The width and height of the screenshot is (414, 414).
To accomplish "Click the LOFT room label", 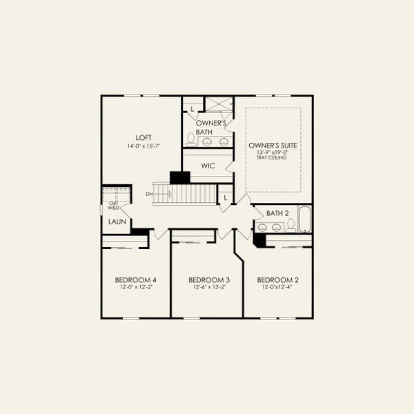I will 144,137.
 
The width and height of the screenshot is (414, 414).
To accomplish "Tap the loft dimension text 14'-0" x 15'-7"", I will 144,146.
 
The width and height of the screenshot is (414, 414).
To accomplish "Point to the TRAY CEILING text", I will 273,158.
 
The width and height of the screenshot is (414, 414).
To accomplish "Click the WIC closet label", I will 208,166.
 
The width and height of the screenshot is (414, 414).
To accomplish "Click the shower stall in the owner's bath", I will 219,104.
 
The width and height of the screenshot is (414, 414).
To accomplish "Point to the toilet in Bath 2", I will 290,225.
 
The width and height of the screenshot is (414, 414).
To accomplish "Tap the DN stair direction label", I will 149,194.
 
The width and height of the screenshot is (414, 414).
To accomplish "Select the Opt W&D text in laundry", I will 113,205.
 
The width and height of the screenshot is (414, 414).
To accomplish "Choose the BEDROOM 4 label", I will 135,279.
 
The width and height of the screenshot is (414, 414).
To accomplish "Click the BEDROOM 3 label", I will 208,279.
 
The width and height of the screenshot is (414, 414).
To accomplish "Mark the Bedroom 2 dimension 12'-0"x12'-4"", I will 277,288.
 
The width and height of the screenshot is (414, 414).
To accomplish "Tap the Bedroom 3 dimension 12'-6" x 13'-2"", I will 208,288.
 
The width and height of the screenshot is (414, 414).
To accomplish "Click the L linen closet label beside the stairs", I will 225,197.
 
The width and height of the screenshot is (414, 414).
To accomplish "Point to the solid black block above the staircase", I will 179,177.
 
